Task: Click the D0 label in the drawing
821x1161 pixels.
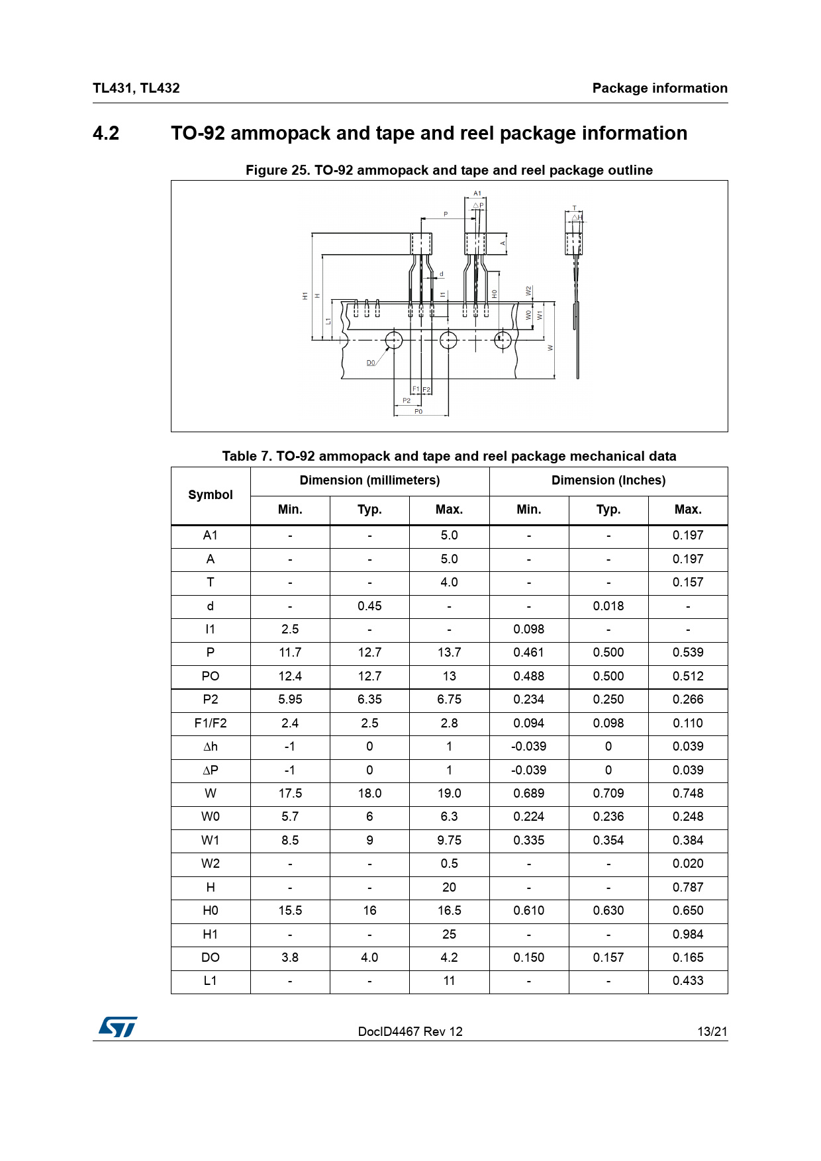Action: pos(371,363)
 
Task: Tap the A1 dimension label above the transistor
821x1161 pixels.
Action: pos(477,193)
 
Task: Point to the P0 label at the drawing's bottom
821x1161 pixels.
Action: pos(418,411)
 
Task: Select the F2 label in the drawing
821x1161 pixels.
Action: pos(426,389)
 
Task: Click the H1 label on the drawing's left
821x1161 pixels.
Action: pos(305,296)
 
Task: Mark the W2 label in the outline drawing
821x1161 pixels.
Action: pos(528,291)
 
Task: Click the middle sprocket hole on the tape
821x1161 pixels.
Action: pos(448,340)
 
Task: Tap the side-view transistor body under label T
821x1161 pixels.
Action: pos(573,243)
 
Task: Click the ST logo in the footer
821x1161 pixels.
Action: pos(118,1027)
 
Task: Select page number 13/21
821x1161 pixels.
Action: pos(712,1031)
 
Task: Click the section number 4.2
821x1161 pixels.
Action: pos(106,133)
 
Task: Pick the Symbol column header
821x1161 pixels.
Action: pos(211,495)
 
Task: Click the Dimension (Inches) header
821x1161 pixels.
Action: pos(608,481)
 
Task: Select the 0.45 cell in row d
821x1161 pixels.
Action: pos(369,606)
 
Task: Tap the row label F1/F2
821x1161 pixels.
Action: pos(211,723)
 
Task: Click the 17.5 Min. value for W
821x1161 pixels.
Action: pos(290,794)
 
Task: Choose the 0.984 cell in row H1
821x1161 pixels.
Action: pos(687,935)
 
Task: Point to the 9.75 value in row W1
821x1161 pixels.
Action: pos(449,841)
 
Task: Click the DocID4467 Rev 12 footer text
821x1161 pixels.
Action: pos(410,1031)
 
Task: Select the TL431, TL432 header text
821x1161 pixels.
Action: pos(136,88)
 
